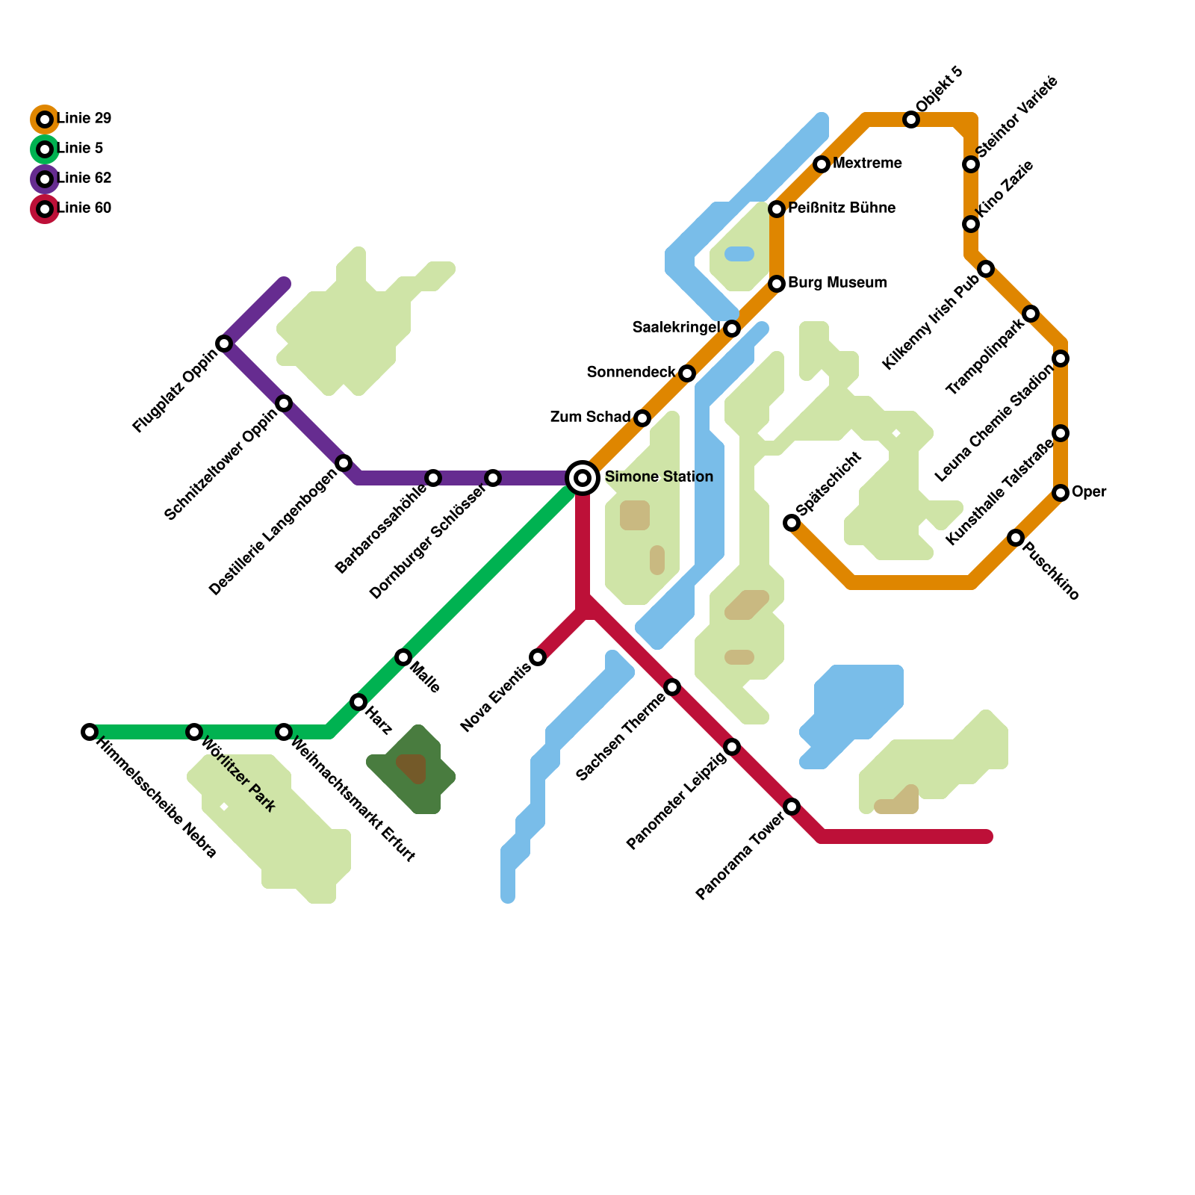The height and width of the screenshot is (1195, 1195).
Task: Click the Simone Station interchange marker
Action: [x=583, y=478]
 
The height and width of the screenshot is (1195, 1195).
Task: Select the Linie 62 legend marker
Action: [x=46, y=179]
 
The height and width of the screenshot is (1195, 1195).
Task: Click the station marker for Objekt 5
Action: [x=911, y=119]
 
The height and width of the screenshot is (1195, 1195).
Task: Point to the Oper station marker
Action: [x=1061, y=493]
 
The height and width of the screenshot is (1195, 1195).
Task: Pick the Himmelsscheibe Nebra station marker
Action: [x=90, y=732]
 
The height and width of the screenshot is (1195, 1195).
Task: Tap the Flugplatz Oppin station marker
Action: [x=224, y=344]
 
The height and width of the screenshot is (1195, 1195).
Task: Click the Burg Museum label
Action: [x=837, y=283]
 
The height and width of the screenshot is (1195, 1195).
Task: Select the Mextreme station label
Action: [x=867, y=164]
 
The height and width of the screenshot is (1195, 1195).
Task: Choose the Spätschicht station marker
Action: [x=792, y=523]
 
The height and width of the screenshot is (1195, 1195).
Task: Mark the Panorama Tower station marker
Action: [x=792, y=807]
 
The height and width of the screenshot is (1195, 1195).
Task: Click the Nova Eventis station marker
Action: [x=538, y=657]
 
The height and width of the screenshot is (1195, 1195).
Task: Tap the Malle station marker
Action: [x=403, y=657]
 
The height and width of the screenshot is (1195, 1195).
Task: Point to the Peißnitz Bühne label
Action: [x=842, y=208]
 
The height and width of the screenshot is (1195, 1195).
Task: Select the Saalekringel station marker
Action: [x=732, y=329]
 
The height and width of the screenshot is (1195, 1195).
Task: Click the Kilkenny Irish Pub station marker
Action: [x=986, y=269]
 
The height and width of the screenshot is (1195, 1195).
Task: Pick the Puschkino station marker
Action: [x=1016, y=538]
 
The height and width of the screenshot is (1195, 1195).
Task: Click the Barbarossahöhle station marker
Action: [x=433, y=478]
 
